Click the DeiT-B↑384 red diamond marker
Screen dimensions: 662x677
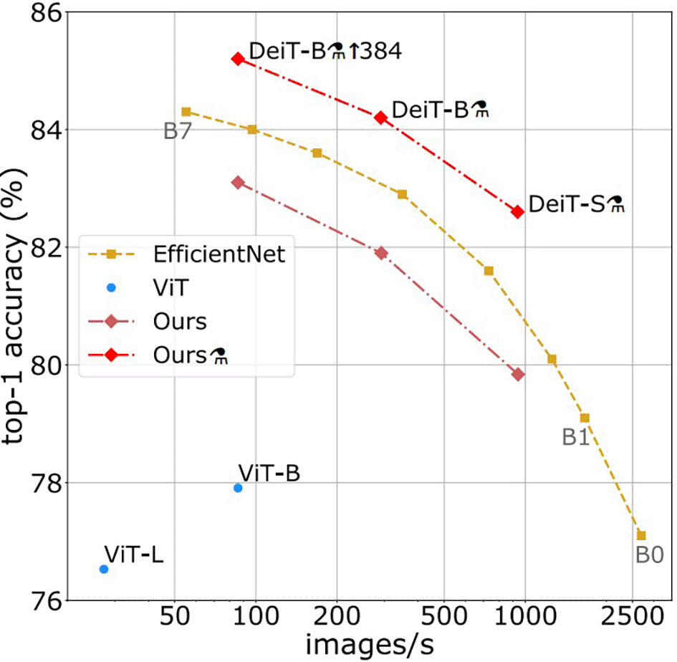[238, 59]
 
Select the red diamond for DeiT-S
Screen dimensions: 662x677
[517, 211]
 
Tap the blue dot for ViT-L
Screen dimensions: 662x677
[104, 569]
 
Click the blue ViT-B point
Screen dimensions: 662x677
[238, 488]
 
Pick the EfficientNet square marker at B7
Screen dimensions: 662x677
[186, 112]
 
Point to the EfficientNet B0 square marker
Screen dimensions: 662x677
[641, 535]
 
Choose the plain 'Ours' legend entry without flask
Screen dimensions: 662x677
[179, 321]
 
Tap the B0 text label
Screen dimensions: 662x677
[650, 556]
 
